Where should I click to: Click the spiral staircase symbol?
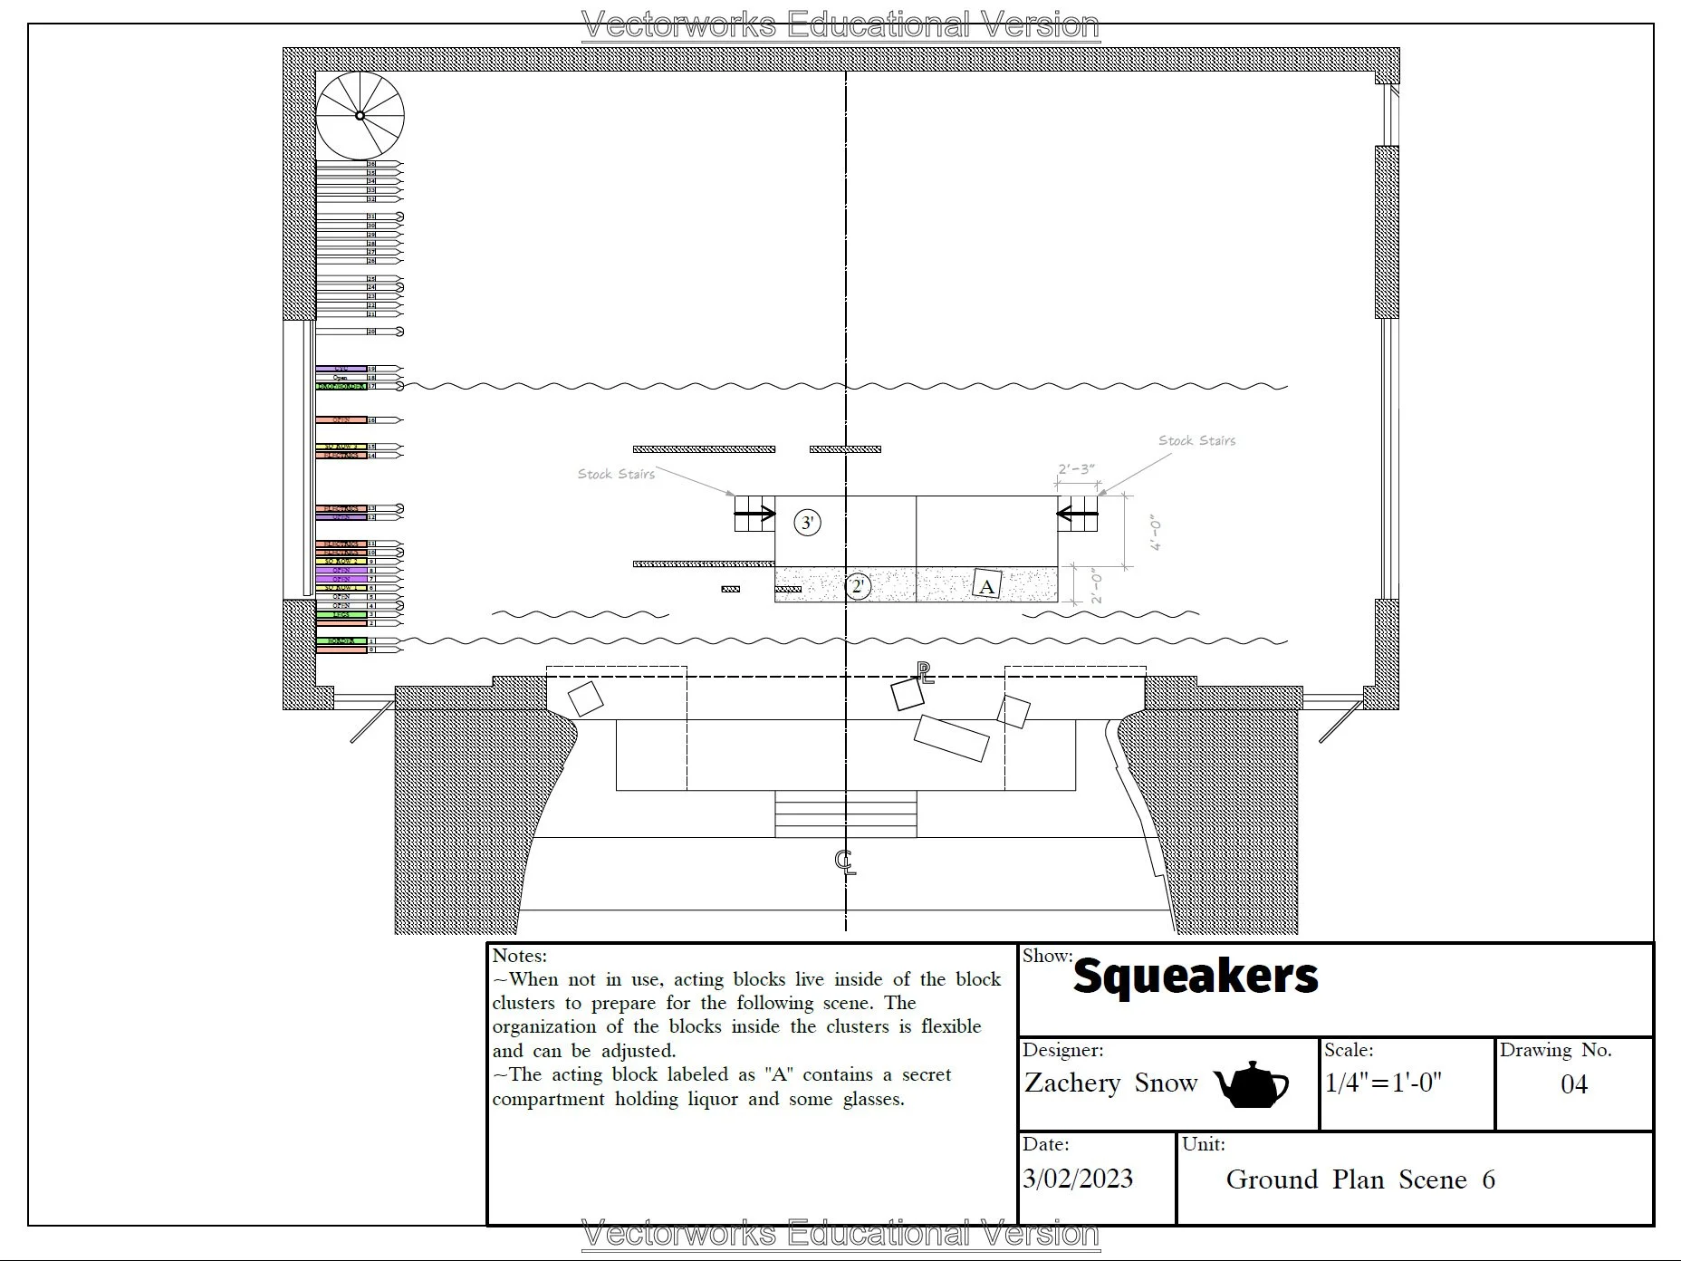(x=360, y=116)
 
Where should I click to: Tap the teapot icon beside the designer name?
(x=1250, y=1083)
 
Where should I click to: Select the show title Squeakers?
(x=1195, y=976)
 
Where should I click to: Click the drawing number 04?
(x=1573, y=1084)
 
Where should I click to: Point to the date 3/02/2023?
(x=1078, y=1179)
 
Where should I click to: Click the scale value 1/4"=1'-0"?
(x=1383, y=1083)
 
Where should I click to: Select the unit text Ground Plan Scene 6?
(x=1359, y=1179)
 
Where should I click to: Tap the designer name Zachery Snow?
(x=1110, y=1083)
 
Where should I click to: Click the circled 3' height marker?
(x=807, y=523)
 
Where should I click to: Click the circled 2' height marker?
(x=858, y=586)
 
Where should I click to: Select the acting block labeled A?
(x=986, y=585)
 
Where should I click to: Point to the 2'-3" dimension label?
(x=1076, y=469)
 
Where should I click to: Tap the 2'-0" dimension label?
(x=1097, y=585)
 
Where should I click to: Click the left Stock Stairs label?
(x=616, y=474)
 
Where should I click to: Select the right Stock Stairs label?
(x=1196, y=441)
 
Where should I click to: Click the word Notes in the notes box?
(x=519, y=956)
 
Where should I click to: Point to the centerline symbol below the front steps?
(x=845, y=862)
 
